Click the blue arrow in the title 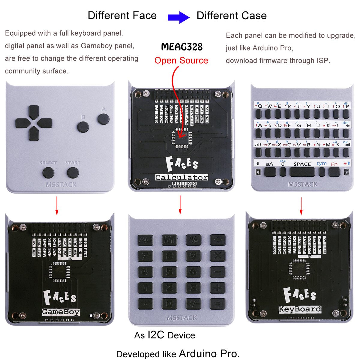pos(179,17)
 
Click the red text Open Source pos(181,61)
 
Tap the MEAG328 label pos(182,47)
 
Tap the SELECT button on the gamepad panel pos(48,172)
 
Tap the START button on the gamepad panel pos(73,172)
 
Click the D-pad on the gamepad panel pos(34,123)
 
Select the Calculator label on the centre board pos(181,177)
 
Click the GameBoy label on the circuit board pos(61,312)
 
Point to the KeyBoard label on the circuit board pos(300,309)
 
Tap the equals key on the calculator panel pos(217,304)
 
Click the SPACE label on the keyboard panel pos(302,164)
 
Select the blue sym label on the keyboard pos(321,163)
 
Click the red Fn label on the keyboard pos(334,164)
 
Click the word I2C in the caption pos(156,335)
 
